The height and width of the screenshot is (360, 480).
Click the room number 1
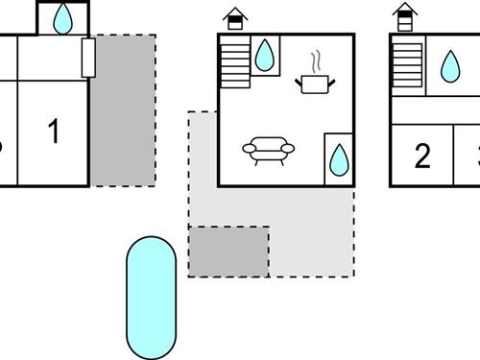coord(54,132)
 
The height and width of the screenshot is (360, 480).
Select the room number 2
coord(422,156)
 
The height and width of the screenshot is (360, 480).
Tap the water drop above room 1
coord(64,17)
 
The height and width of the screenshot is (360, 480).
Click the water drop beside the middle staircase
coord(264,56)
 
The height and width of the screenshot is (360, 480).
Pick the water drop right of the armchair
coord(339,159)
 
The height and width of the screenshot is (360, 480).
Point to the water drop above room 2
coord(449,65)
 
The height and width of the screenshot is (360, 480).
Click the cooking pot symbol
coord(314,85)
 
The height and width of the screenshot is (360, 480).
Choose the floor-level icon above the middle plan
coord(233,17)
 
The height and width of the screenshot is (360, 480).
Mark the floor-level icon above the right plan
coord(406,17)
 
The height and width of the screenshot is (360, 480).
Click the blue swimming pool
coord(151,297)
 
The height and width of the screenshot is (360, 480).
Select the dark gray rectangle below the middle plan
coord(228,251)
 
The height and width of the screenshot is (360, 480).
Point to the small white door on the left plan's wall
coord(88,58)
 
